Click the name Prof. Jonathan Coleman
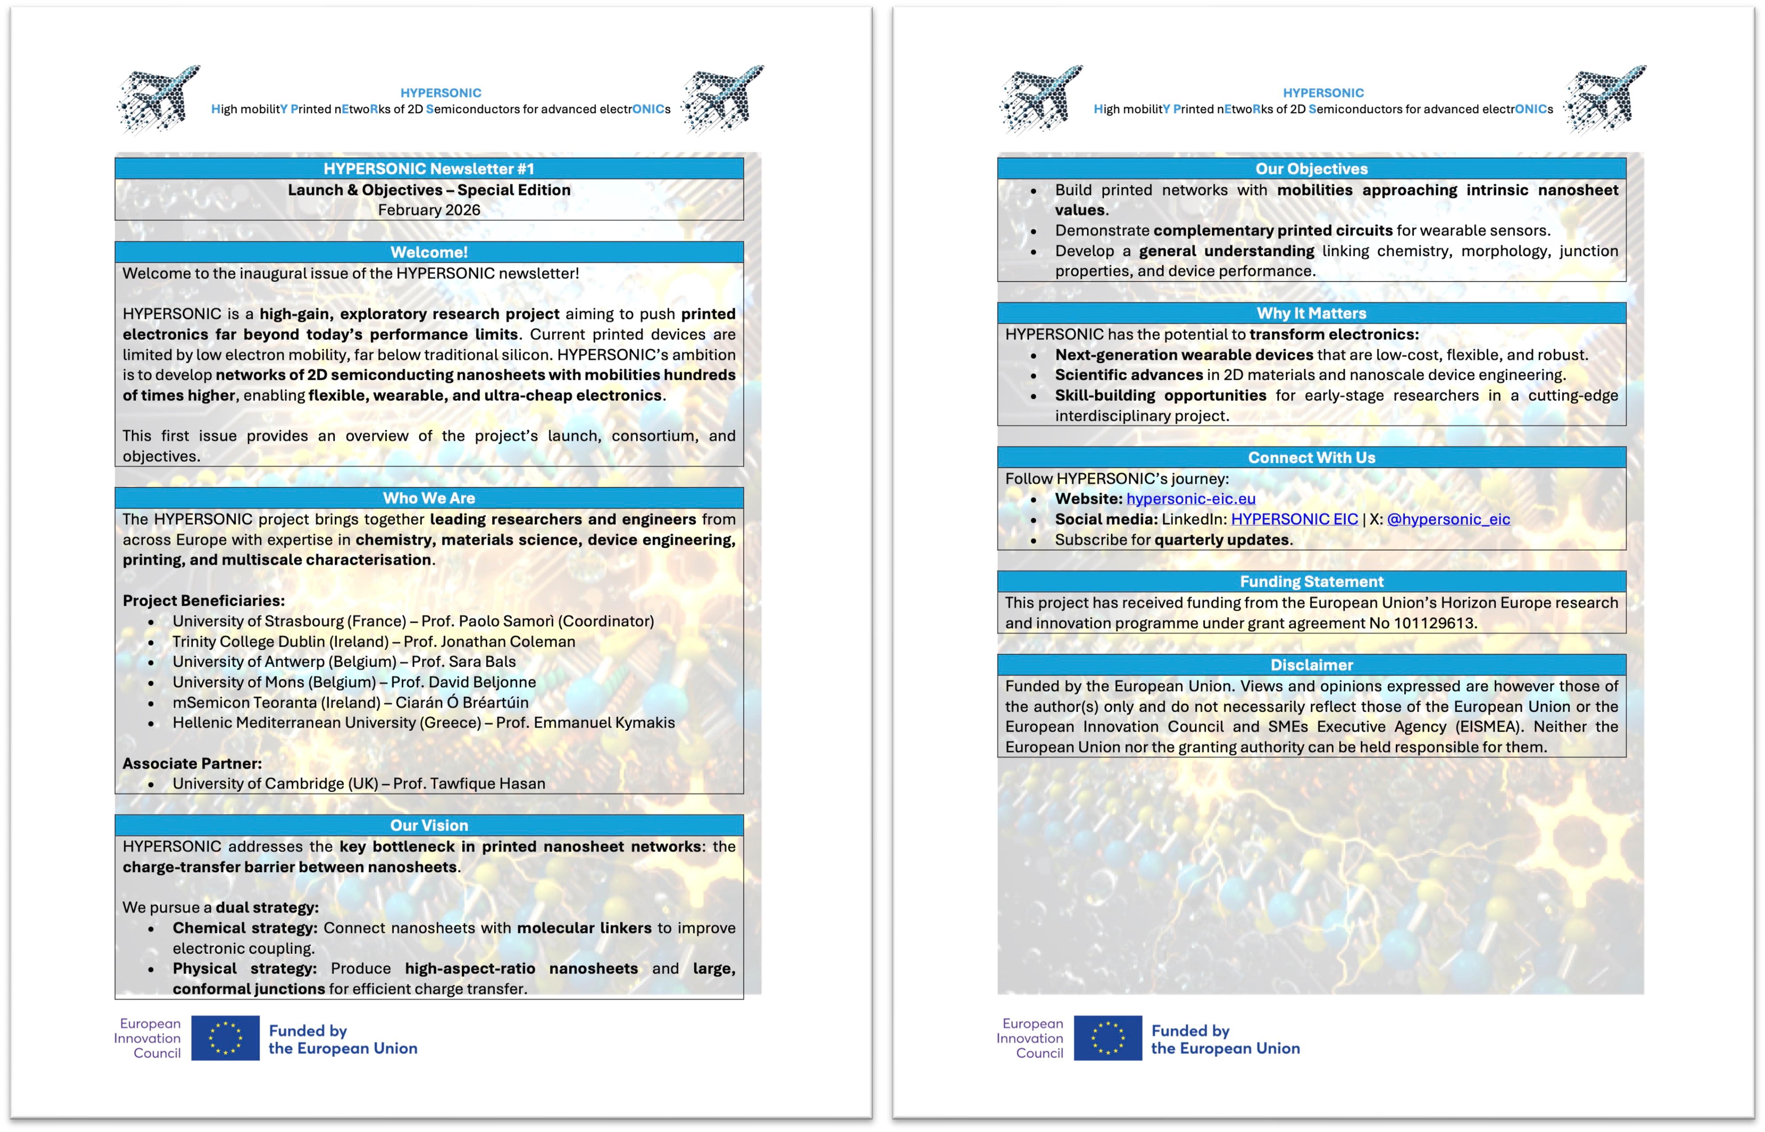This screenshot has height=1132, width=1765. (489, 642)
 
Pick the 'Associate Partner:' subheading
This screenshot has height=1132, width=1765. (192, 764)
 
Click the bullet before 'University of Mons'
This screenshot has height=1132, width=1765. (151, 683)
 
